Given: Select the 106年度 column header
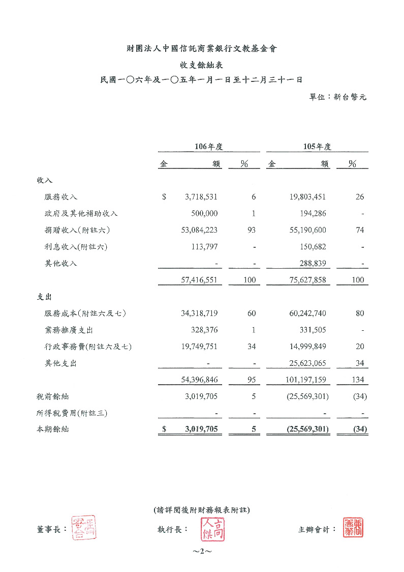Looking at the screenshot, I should click(209, 147).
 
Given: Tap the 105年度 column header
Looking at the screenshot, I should click(317, 147).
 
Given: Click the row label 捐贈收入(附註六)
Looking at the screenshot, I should click(77, 231).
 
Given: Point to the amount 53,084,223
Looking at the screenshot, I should click(199, 231).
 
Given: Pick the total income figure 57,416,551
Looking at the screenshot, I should click(199, 280).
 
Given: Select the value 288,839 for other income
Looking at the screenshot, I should click(310, 264).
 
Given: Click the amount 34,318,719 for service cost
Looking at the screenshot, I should click(199, 313).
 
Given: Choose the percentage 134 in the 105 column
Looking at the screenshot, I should click(358, 380).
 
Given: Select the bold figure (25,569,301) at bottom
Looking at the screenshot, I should click(305, 430).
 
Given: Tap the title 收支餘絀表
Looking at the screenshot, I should click(202, 65).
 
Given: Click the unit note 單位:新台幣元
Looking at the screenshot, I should click(338, 97).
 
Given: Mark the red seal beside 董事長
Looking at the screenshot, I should click(84, 528).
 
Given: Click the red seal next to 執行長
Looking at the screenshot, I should click(213, 529).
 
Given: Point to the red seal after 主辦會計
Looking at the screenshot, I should click(353, 528).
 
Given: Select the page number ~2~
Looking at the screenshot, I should click(202, 552).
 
